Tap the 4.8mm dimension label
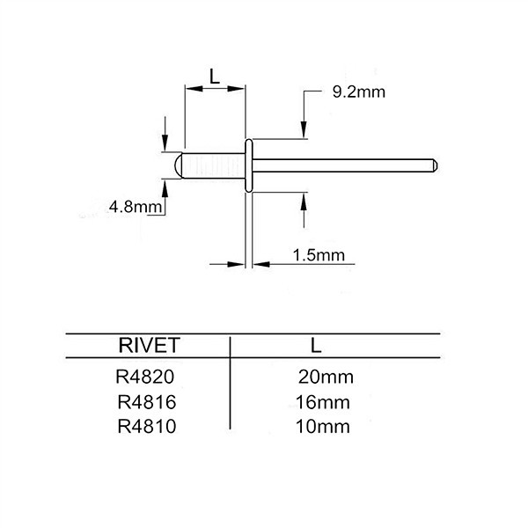click(134, 207)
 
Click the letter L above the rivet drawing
click(214, 76)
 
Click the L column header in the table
click(316, 344)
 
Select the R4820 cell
click(143, 378)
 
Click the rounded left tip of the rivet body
click(178, 165)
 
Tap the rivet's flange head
click(248, 165)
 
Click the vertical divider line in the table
click(230, 382)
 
